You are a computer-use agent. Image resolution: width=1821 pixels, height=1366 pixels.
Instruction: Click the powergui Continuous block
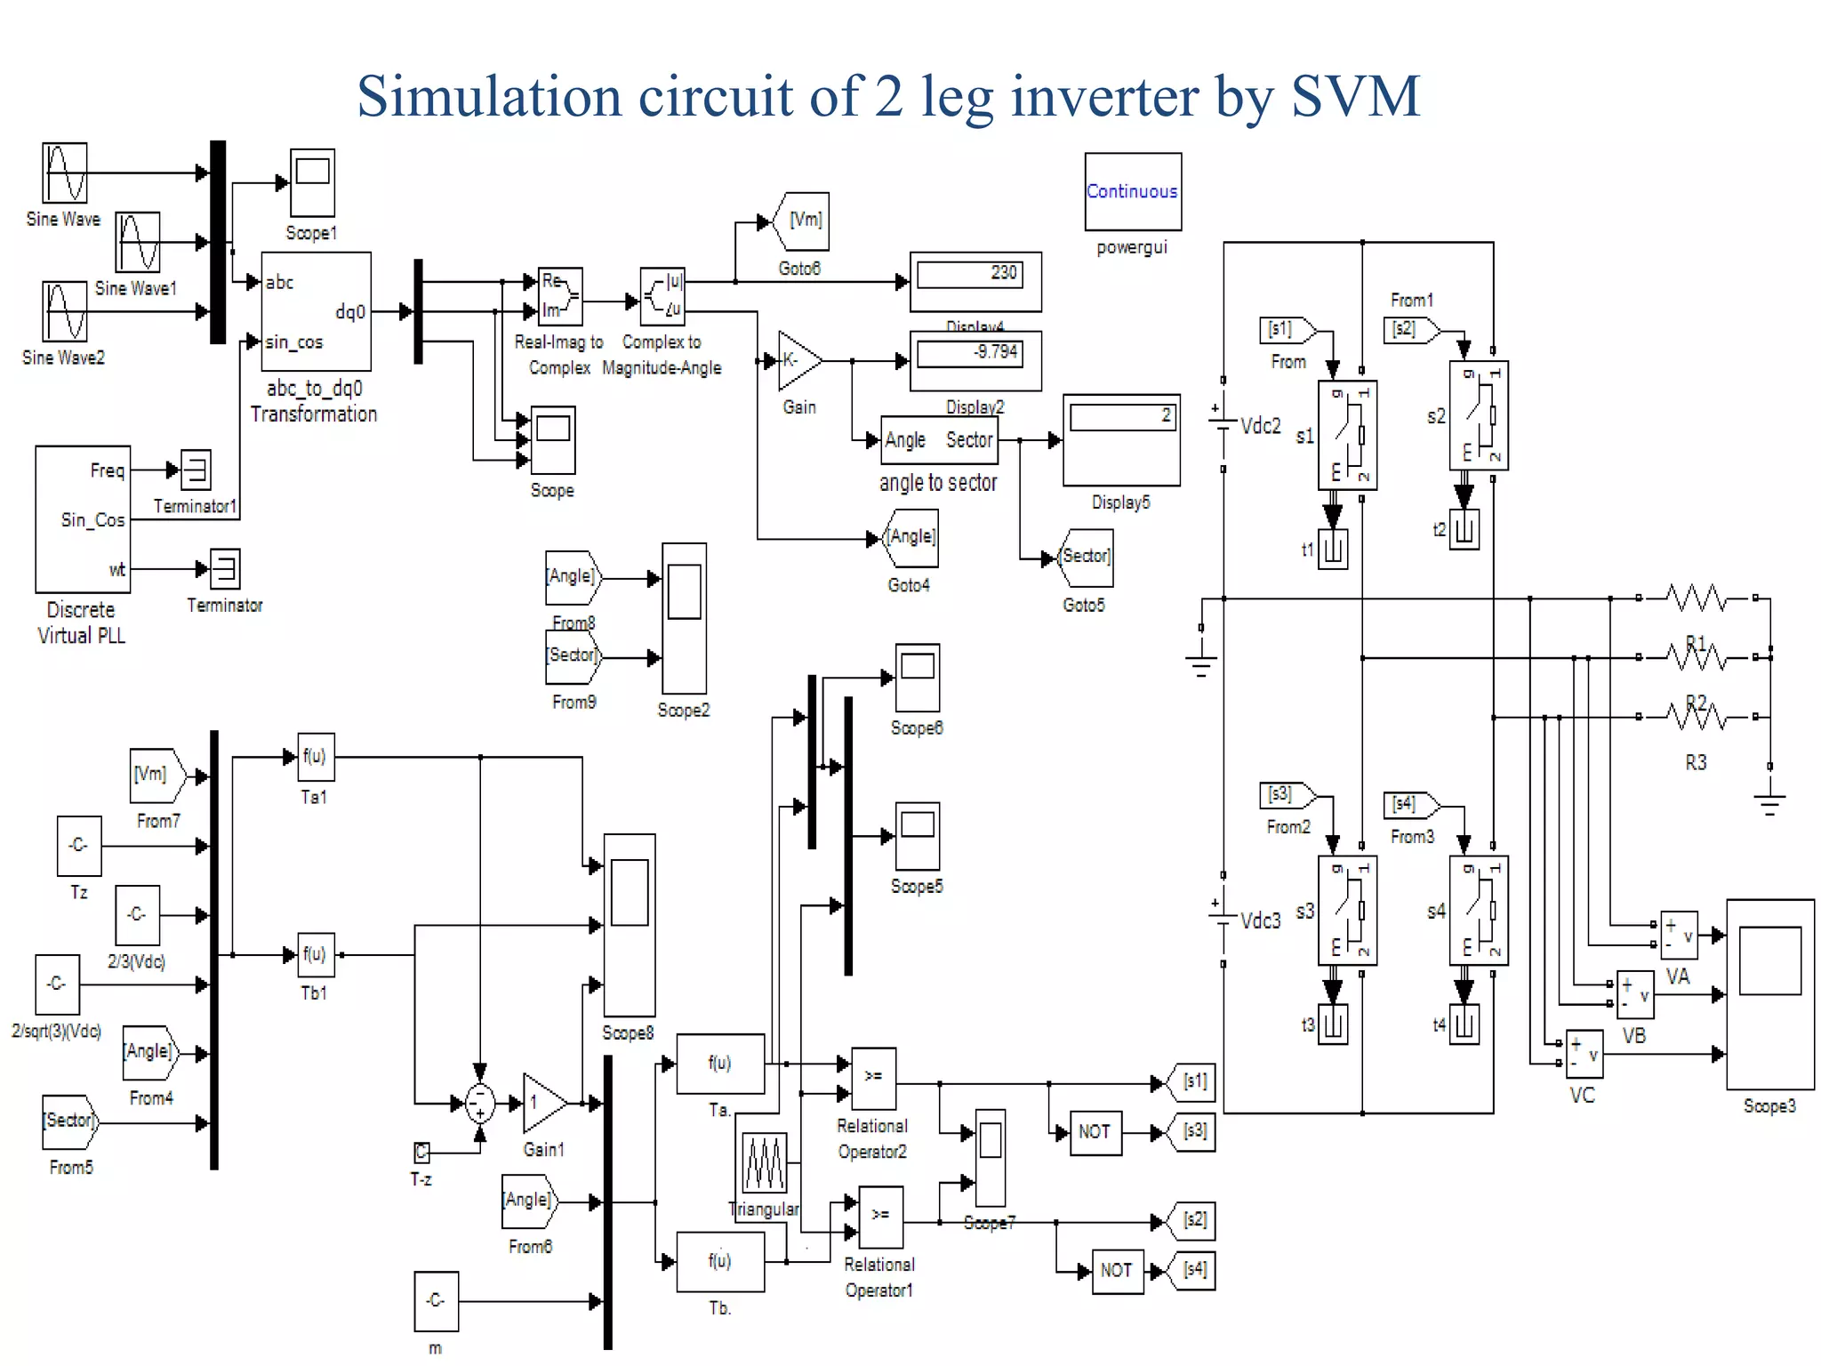[1132, 191]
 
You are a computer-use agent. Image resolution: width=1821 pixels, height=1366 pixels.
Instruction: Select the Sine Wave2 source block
[65, 311]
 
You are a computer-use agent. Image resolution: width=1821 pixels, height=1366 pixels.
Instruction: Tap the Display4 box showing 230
[975, 280]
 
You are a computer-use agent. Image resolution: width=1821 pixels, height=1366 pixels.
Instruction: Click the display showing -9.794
[975, 359]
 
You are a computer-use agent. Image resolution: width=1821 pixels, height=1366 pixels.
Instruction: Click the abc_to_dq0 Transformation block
[316, 311]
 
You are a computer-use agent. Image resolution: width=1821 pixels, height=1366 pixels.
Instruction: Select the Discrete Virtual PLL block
[83, 519]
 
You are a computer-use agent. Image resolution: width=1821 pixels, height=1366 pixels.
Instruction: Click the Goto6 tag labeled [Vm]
[803, 221]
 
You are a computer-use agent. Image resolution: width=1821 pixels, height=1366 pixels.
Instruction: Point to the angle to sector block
[939, 439]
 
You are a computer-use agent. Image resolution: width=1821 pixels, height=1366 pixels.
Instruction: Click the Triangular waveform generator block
[764, 1162]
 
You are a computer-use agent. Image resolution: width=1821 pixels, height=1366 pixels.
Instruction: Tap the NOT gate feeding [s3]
[1095, 1132]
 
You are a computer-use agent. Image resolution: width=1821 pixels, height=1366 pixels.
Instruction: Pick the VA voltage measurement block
[1679, 935]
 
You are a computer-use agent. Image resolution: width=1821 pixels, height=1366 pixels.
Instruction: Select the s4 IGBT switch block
[1478, 911]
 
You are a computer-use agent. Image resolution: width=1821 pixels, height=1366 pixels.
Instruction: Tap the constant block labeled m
[436, 1300]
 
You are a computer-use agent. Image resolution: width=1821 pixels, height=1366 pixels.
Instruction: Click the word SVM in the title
[1355, 95]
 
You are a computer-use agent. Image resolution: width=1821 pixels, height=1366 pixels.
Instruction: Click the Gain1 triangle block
[543, 1103]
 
